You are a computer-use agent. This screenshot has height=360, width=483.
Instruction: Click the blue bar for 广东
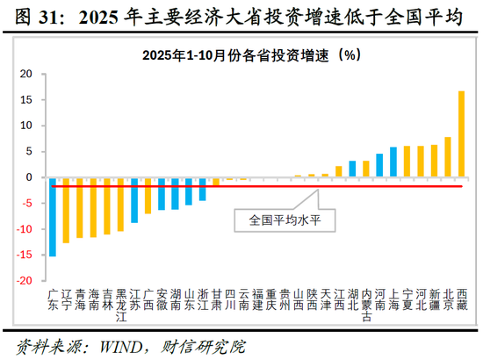tap(53, 217)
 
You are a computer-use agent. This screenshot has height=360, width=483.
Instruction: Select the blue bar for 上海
tap(393, 162)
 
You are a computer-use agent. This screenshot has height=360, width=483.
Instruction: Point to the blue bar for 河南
tap(379, 166)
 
